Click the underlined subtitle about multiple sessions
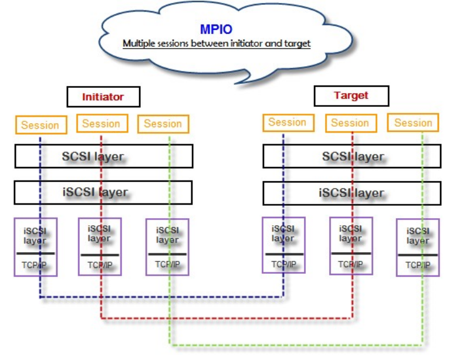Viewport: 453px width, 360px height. point(216,44)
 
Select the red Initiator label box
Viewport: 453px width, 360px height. point(103,97)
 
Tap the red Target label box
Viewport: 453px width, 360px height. point(351,96)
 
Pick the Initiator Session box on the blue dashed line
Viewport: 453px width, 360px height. point(40,125)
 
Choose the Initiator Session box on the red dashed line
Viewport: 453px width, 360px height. point(101,124)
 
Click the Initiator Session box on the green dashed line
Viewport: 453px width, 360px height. point(163,124)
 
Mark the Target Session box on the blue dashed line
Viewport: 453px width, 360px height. point(287,123)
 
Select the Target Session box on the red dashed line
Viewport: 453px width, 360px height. point(350,123)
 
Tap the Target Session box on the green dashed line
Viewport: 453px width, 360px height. point(413,123)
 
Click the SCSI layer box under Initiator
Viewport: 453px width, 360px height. point(103,157)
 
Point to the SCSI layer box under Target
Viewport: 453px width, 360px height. point(352,157)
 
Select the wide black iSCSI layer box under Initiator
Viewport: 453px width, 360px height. point(103,192)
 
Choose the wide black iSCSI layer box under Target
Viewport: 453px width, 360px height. point(352,192)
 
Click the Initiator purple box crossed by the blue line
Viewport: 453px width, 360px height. point(35,247)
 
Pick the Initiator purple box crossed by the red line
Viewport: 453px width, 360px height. point(100,246)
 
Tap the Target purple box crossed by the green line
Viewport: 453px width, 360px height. point(417,247)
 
